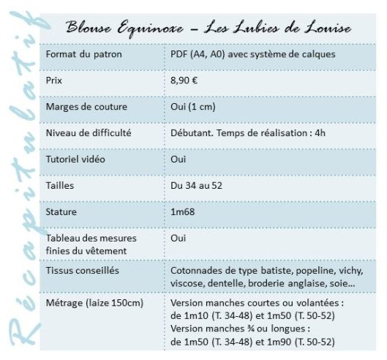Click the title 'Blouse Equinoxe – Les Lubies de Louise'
coord(209,29)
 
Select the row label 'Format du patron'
coord(83,56)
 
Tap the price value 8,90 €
coord(182,80)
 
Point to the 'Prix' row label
coord(55,80)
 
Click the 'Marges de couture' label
coord(86,107)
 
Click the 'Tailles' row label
coord(59,186)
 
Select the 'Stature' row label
coord(61,212)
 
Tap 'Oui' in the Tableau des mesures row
coord(177,239)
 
